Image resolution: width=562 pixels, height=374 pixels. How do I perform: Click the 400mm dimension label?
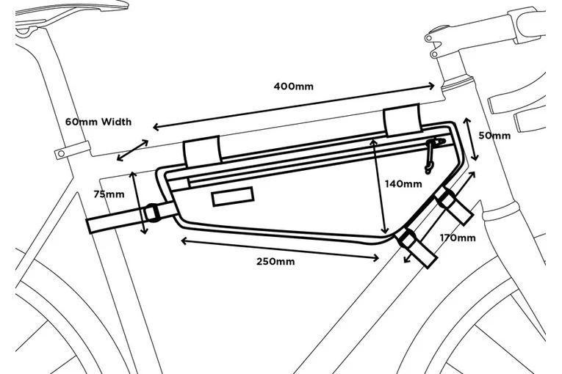click(x=293, y=87)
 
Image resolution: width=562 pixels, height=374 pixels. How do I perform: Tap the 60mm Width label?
click(x=98, y=121)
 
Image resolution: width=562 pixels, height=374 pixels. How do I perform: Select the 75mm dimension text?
click(x=109, y=194)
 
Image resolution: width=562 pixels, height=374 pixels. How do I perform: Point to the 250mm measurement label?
click(x=275, y=262)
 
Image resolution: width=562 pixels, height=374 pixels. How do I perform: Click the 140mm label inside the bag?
click(x=403, y=183)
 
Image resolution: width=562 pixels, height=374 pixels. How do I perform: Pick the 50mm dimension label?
click(x=494, y=136)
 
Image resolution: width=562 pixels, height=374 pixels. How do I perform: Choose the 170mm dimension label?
click(x=457, y=238)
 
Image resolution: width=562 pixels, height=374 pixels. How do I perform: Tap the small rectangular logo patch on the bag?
click(x=232, y=197)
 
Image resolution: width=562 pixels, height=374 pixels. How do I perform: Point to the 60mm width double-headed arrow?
click(x=133, y=150)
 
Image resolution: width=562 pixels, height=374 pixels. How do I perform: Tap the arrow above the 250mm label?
click(x=279, y=248)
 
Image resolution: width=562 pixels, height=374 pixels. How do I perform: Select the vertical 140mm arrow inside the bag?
click(x=380, y=187)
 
